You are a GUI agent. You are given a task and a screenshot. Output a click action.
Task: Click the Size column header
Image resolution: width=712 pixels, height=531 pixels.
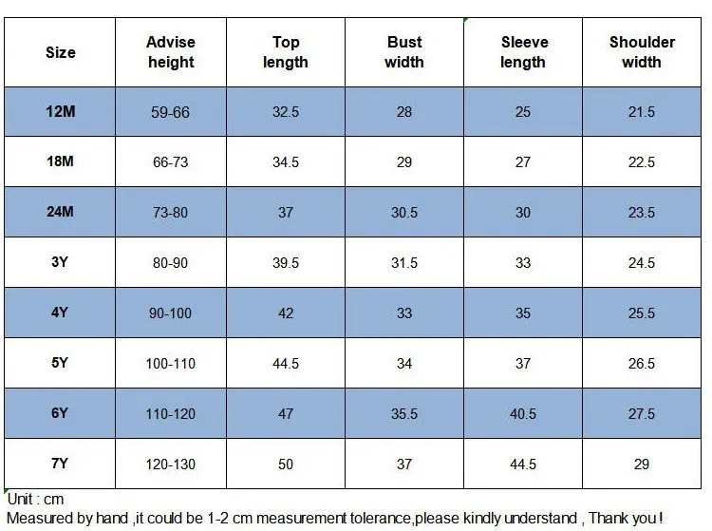click(x=61, y=52)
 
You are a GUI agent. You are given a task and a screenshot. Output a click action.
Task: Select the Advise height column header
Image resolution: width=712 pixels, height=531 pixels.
click(x=171, y=52)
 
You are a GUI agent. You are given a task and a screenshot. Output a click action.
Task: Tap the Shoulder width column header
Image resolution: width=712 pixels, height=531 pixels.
click(x=642, y=52)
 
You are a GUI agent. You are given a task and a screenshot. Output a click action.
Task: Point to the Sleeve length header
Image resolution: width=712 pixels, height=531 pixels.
click(x=523, y=52)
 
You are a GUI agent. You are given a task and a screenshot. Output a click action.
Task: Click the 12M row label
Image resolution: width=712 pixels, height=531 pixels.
click(x=61, y=111)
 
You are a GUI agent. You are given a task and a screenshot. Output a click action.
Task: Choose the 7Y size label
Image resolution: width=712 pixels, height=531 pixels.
click(x=60, y=464)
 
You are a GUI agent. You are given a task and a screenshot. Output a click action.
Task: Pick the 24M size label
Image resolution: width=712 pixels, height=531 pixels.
click(x=60, y=212)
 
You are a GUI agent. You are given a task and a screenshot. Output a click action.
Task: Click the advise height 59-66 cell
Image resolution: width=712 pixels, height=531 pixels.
click(x=170, y=112)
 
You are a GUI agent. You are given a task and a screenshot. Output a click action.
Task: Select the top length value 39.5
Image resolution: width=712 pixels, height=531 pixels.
click(x=286, y=262)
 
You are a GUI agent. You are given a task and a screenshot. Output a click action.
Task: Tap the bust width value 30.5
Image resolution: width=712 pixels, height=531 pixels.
click(x=404, y=212)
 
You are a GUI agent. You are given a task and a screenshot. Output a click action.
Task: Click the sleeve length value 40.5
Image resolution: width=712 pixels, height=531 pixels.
click(x=523, y=414)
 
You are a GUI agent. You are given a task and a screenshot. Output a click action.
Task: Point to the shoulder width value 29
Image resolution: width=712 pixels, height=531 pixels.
click(x=642, y=465)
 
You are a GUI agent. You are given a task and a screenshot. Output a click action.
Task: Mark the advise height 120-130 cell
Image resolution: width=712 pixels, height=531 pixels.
click(x=170, y=465)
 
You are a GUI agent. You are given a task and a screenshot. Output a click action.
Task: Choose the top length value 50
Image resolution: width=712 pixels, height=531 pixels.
click(x=286, y=465)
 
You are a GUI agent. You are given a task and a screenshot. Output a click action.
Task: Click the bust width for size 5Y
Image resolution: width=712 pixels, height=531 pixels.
click(x=404, y=364)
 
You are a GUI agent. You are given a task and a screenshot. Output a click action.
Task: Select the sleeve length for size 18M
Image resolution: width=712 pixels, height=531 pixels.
click(x=523, y=162)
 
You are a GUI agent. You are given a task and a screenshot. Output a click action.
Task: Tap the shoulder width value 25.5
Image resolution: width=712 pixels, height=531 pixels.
click(x=642, y=313)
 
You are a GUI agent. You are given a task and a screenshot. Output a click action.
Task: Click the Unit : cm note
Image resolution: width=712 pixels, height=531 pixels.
click(x=35, y=500)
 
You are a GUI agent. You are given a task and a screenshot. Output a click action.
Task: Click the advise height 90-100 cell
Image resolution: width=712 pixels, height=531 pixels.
click(x=170, y=313)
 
